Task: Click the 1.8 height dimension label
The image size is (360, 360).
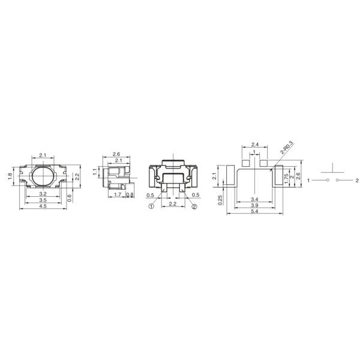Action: [x=10, y=176]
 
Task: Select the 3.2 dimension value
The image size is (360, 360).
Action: [x=43, y=194]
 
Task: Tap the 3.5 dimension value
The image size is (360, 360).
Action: [x=43, y=200]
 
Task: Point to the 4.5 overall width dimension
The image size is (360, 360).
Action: [x=43, y=207]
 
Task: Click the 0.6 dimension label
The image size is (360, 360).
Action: [x=70, y=198]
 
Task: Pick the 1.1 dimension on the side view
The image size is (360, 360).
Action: [x=95, y=171]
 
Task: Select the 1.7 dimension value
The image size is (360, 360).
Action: [x=118, y=195]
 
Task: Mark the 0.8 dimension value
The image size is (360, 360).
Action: [x=130, y=195]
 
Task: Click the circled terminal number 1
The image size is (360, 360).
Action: [x=152, y=206]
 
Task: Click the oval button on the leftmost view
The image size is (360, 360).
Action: [x=43, y=178]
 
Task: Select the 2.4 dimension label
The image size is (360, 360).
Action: [x=255, y=145]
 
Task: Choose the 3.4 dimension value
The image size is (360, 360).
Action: [x=255, y=199]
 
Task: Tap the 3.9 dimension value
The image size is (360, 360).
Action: [x=255, y=206]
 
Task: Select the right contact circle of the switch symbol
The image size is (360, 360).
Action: [x=338, y=180]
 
